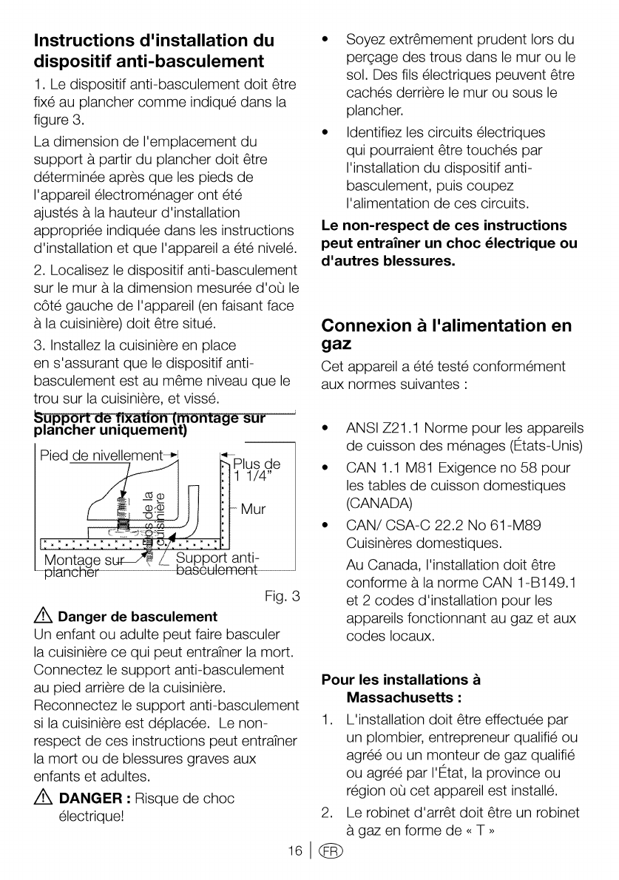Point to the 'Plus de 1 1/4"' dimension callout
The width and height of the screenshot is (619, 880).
257,470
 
